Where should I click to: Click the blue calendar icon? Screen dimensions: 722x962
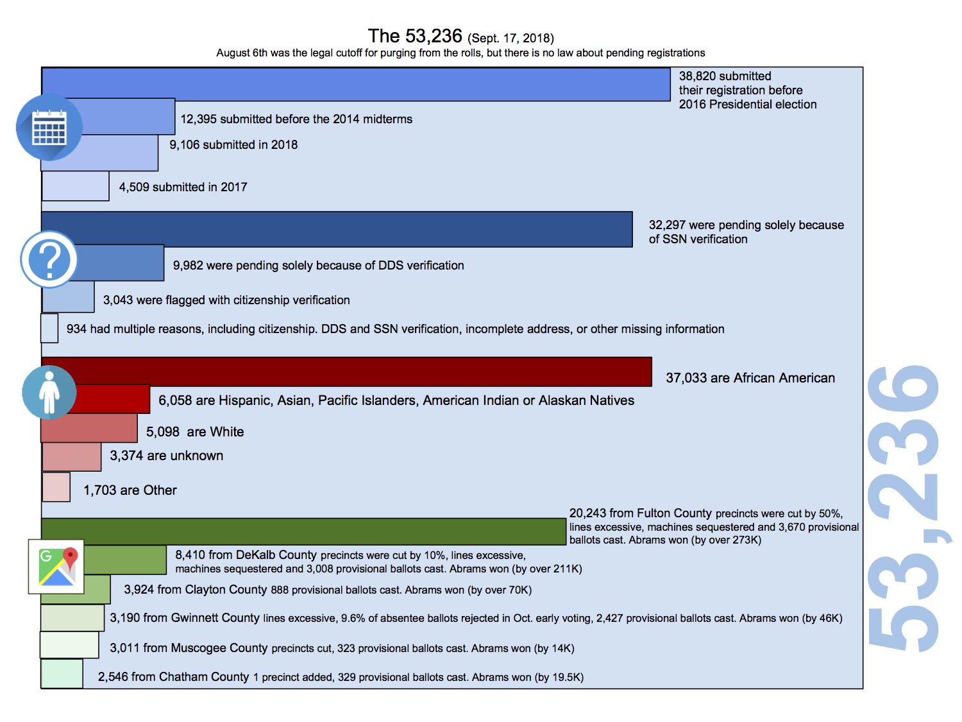[x=49, y=128]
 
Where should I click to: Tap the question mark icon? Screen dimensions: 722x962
[x=49, y=260]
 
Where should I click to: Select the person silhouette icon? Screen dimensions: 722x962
[x=49, y=392]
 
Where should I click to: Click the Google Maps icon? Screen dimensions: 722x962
[x=56, y=566]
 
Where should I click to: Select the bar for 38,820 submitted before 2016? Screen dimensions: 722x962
[x=356, y=84]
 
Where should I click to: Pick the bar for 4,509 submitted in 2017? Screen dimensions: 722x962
[x=76, y=186]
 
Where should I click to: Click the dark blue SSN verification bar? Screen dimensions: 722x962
[x=337, y=229]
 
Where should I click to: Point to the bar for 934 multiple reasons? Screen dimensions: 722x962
[x=49, y=328]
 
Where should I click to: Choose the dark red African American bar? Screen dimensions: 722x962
[x=346, y=372]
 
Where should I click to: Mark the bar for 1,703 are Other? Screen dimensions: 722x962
[x=56, y=487]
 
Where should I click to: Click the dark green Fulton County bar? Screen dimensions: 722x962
[x=303, y=531]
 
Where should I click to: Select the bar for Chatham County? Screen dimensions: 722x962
[x=62, y=674]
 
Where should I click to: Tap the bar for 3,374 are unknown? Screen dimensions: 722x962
[x=72, y=457]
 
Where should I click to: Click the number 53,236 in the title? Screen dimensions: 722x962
[x=434, y=36]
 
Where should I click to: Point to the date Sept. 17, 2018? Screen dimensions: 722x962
[x=511, y=39]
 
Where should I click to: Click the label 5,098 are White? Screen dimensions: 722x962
[x=195, y=432]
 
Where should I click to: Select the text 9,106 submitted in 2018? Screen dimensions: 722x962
[x=233, y=145]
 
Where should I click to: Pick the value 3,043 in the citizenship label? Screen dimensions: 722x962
[x=118, y=300]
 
